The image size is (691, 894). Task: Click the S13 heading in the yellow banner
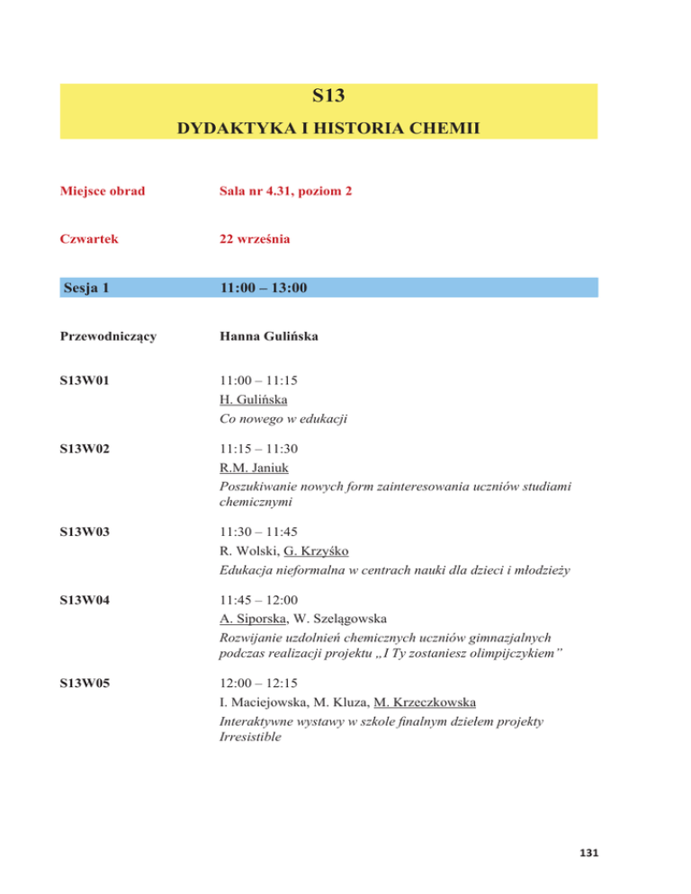pos(328,94)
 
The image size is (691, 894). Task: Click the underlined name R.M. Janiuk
pos(252,469)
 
